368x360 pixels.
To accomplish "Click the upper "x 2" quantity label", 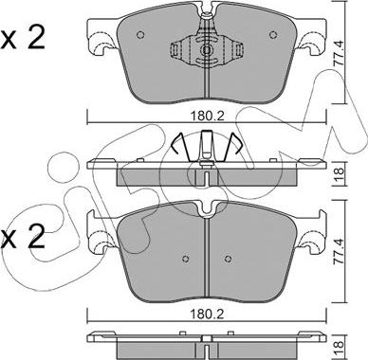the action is (x=23, y=38).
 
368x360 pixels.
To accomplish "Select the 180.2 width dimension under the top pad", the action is (x=207, y=117).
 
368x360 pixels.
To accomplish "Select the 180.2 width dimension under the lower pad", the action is (x=207, y=314).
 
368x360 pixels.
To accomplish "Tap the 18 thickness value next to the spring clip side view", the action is (x=339, y=173).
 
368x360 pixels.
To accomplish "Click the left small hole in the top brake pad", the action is (x=140, y=35).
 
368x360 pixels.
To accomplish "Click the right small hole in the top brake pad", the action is (x=273, y=35).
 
